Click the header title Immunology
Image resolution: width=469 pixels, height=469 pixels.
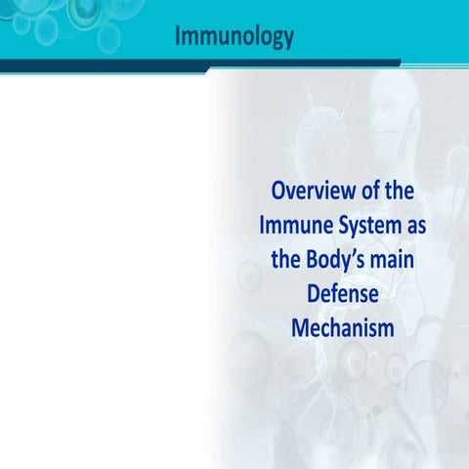(234, 37)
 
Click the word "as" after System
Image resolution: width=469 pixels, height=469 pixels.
(416, 224)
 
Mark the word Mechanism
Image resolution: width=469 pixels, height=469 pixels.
(342, 328)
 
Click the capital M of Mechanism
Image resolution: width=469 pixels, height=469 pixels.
(300, 328)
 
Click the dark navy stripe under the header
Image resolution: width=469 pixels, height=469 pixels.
(195, 64)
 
